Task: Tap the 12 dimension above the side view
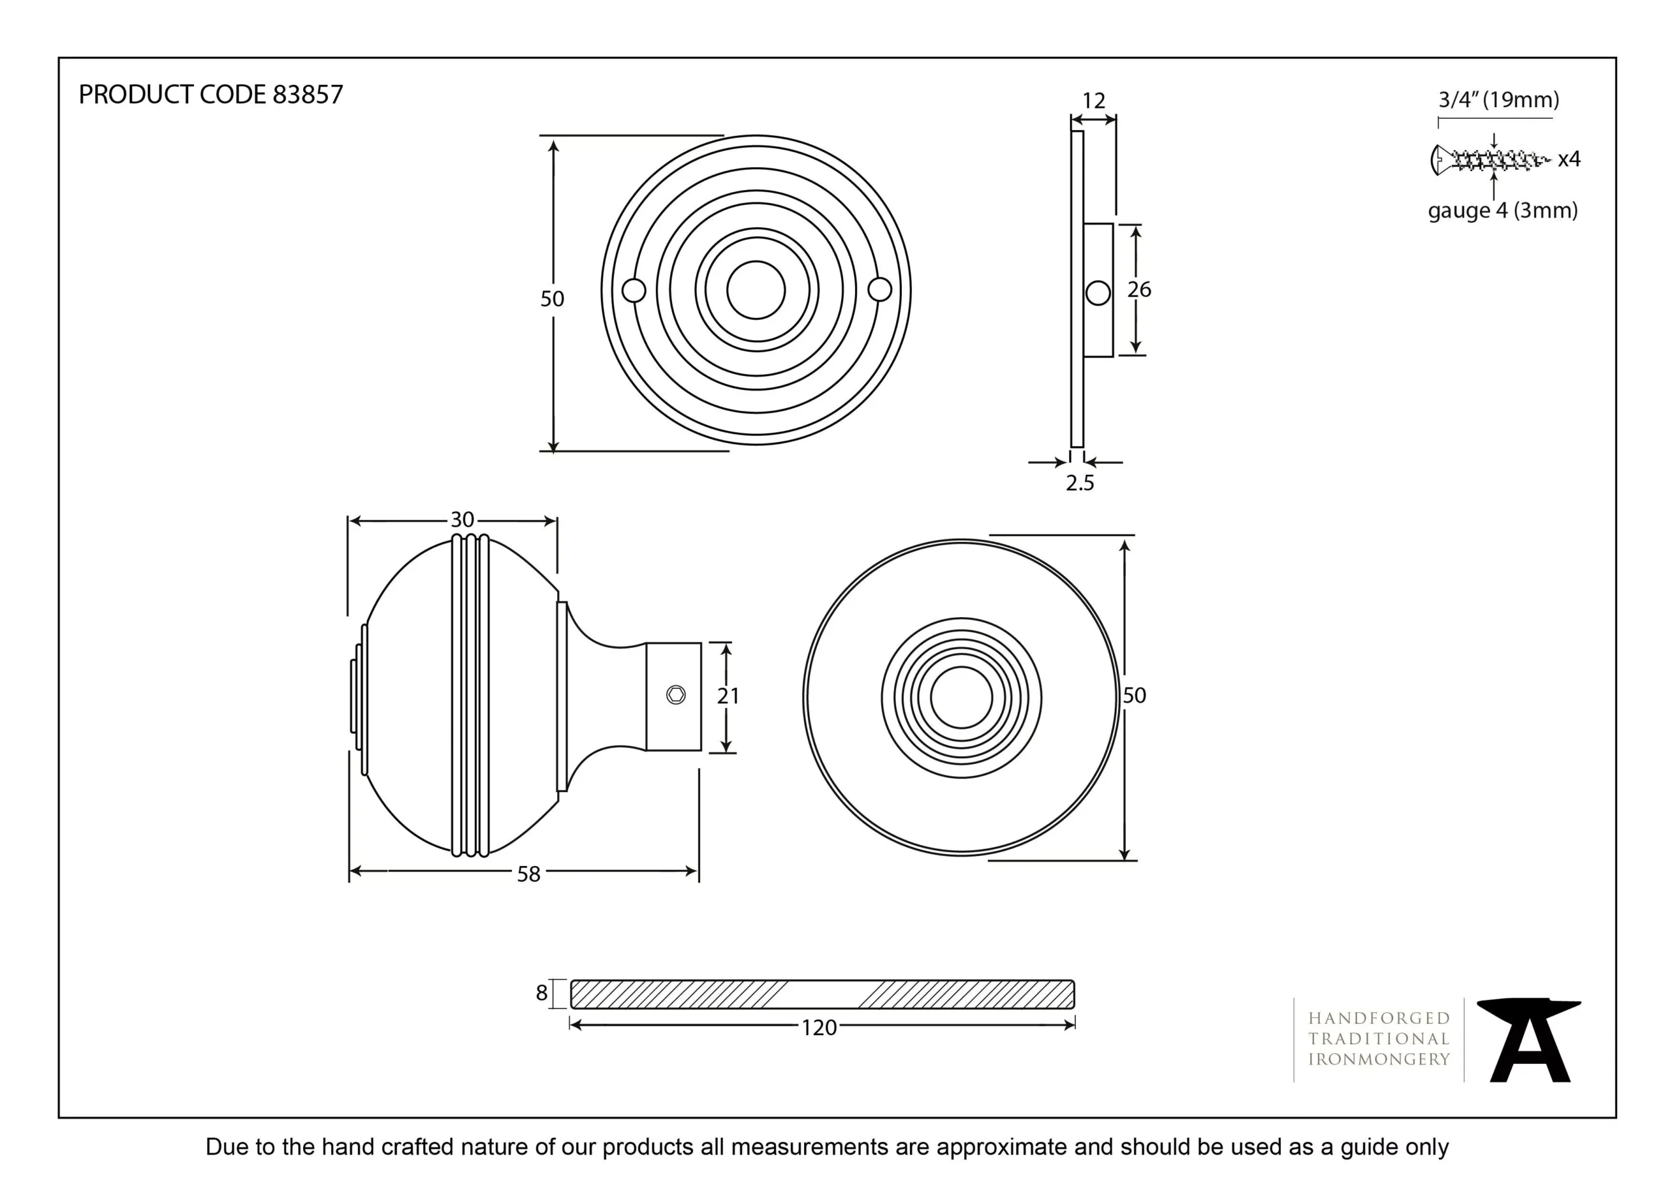point(1093,101)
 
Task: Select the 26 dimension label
point(1139,290)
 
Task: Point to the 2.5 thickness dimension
point(1080,483)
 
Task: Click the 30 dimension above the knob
point(462,519)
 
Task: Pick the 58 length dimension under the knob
point(528,874)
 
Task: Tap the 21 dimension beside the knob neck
point(728,696)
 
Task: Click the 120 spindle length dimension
point(818,1028)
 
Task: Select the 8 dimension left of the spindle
point(541,993)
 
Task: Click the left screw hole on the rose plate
point(634,291)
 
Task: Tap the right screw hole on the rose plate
point(880,290)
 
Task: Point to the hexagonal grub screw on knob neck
point(676,695)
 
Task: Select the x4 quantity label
point(1569,159)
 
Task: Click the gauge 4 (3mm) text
point(1502,211)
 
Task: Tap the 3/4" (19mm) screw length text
point(1499,100)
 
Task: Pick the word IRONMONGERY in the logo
point(1379,1059)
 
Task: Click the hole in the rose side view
point(1097,293)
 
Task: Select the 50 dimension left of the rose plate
point(552,298)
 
